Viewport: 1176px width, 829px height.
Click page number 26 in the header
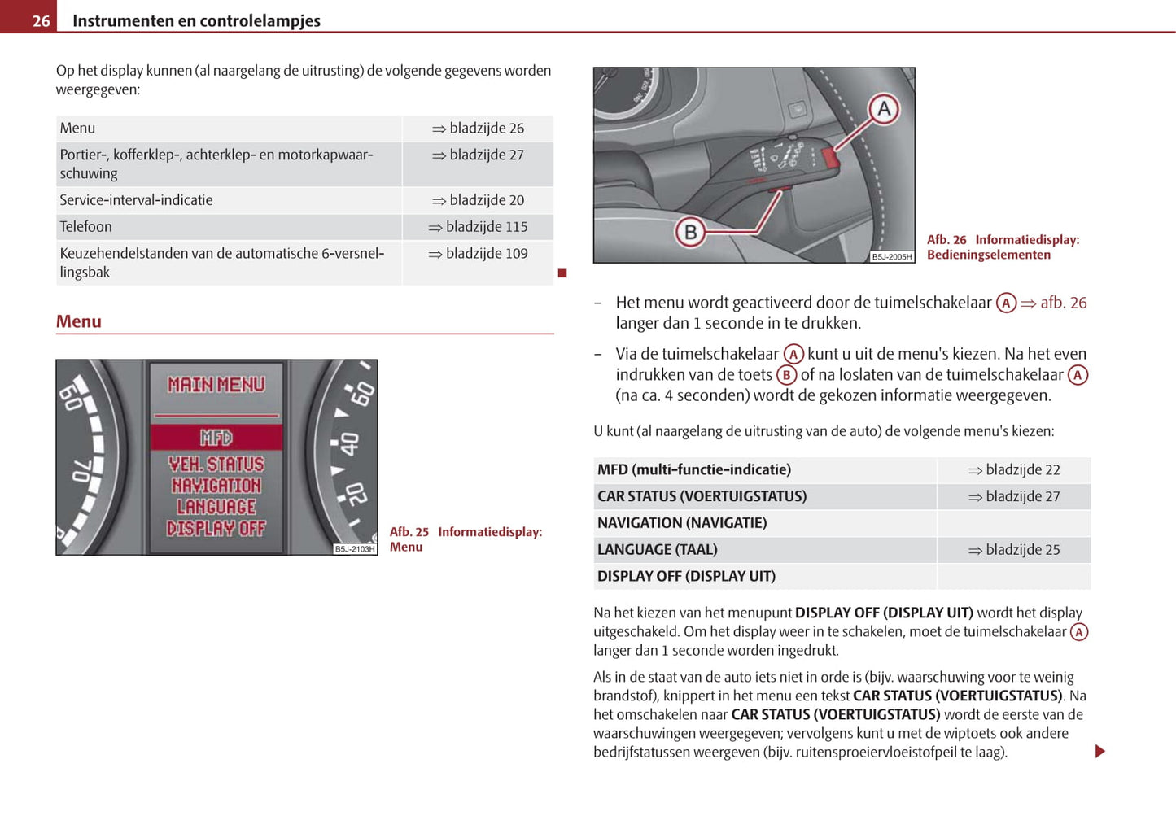coord(41,21)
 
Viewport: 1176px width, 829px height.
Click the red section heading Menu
coord(79,321)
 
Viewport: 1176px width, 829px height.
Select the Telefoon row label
coord(85,227)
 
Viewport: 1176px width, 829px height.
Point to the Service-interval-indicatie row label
coord(136,200)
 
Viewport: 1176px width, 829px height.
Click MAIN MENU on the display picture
coord(216,385)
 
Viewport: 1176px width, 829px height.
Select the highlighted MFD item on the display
coord(216,438)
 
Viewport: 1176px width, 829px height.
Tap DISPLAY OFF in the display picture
coord(216,529)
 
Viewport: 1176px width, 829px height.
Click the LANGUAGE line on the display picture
coord(216,507)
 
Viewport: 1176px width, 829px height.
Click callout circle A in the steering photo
coord(883,109)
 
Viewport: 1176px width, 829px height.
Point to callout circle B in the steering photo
coord(690,233)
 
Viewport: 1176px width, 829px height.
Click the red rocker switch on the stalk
coord(830,158)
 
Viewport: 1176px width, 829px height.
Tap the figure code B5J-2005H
coord(892,257)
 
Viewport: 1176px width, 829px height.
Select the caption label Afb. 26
coord(946,240)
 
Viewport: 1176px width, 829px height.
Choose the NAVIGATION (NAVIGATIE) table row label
coord(682,523)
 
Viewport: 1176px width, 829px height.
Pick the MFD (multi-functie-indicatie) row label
coord(693,469)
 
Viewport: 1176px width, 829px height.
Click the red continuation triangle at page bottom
coord(1099,751)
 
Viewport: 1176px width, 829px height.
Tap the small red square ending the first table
coord(562,273)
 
